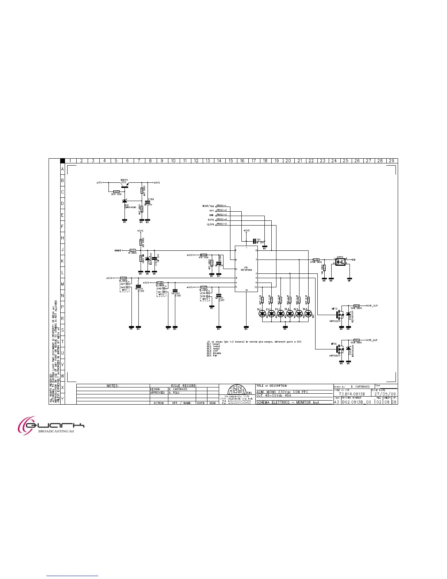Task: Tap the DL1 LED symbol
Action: pos(262,313)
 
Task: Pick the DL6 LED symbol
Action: pos(308,313)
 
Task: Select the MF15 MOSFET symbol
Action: pos(341,349)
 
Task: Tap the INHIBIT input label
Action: pos(118,251)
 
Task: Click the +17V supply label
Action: pos(99,182)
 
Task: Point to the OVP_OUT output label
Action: pos(372,306)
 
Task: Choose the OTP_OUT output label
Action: pos(372,340)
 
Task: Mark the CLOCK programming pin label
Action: pos(210,224)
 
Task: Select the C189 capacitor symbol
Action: pos(148,203)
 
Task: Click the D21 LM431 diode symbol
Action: pos(124,201)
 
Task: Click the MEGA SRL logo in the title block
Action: pos(237,390)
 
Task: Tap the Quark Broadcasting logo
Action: pos(51,425)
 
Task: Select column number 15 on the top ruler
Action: pos(230,161)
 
